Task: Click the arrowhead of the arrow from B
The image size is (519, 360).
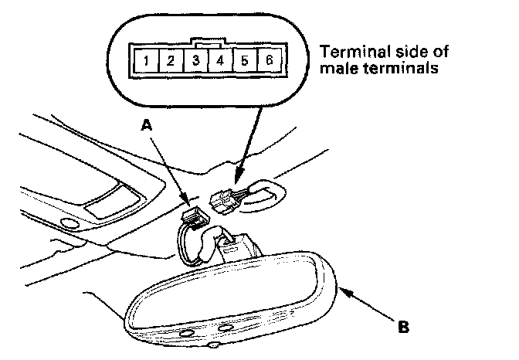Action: pos(341,290)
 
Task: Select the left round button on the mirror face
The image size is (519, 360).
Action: pos(188,334)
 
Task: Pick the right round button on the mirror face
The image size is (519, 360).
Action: pos(226,328)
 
